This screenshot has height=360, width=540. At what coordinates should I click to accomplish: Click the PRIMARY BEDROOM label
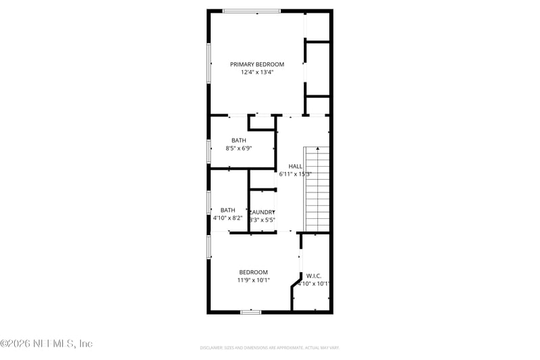coord(257,64)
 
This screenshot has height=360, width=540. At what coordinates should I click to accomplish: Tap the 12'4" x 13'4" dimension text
coord(257,73)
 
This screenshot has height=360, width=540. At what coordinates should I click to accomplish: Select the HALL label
coord(296,165)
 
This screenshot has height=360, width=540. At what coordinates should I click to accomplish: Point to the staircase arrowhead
coord(317,149)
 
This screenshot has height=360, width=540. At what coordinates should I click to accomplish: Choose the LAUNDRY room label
coord(262,212)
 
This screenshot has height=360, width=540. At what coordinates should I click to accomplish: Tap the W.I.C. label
coord(314,276)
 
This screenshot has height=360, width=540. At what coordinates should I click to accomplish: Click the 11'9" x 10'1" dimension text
coord(253,280)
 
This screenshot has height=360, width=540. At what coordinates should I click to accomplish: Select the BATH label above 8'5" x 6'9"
coord(239,140)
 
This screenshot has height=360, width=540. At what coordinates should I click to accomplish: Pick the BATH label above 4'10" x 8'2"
coord(227,210)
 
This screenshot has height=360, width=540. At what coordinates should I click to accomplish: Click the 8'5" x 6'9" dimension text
coord(238,149)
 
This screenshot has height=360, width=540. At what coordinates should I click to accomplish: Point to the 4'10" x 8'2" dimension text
coord(227,218)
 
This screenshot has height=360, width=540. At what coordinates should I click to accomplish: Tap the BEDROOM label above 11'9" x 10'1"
coord(253,272)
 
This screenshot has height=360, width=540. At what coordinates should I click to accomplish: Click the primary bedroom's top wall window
coord(252,11)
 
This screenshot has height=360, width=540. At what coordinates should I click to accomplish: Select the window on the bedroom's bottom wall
coord(251,311)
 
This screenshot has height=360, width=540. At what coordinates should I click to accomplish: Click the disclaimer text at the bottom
coord(269,347)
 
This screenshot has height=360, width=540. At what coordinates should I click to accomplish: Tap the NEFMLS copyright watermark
coord(46,344)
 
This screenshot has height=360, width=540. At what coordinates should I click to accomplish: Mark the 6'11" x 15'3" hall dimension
coord(295,174)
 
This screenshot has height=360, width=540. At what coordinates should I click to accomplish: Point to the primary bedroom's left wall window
coord(209,64)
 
